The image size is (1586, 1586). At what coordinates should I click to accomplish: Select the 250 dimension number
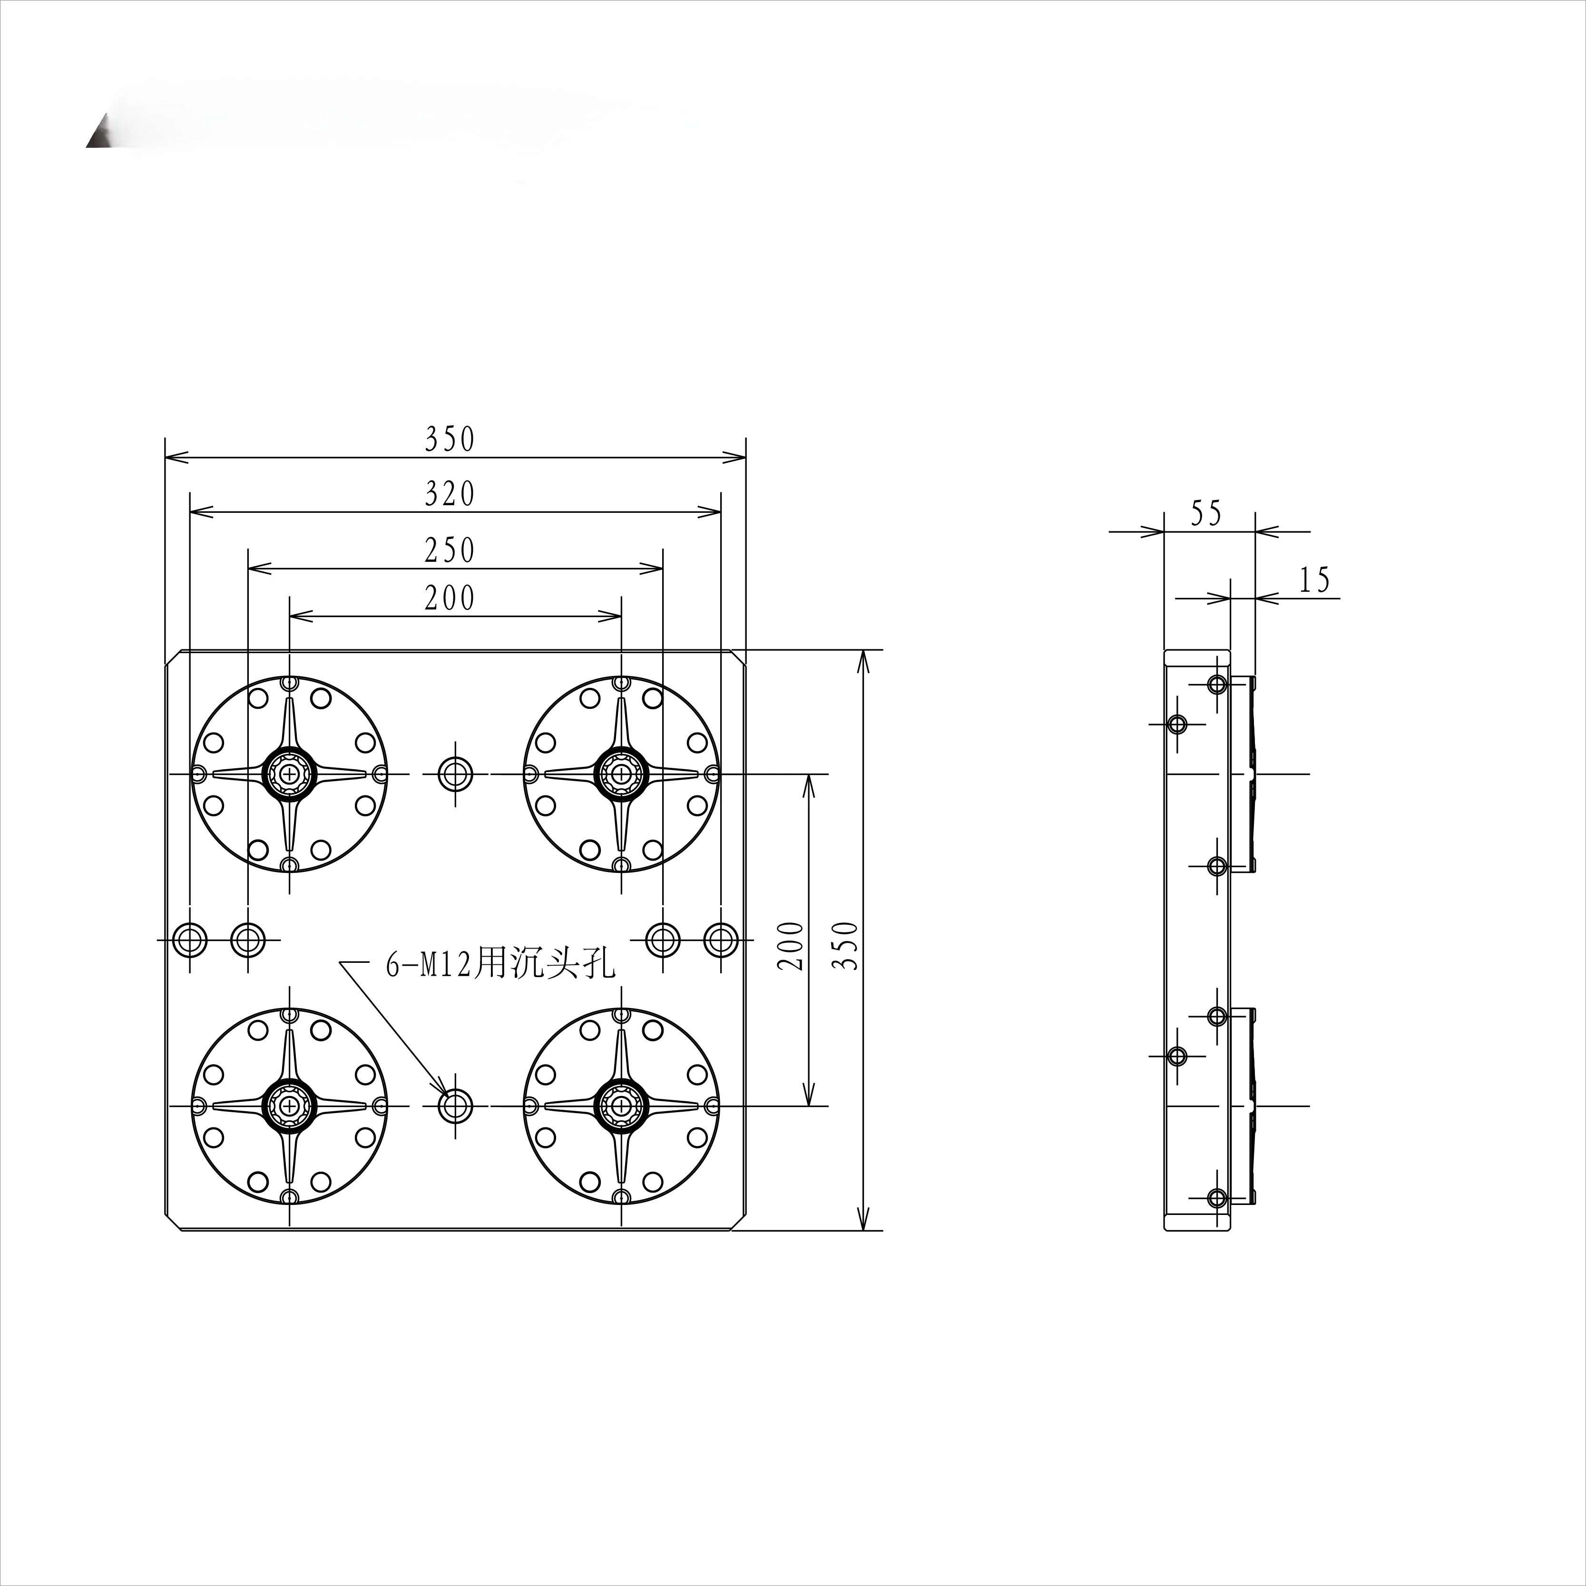point(450,549)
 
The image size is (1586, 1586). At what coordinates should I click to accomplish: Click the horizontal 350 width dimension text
point(450,439)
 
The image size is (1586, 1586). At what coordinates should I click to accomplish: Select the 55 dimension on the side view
point(1206,513)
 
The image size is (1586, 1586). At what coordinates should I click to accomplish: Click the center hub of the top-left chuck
point(289,773)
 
